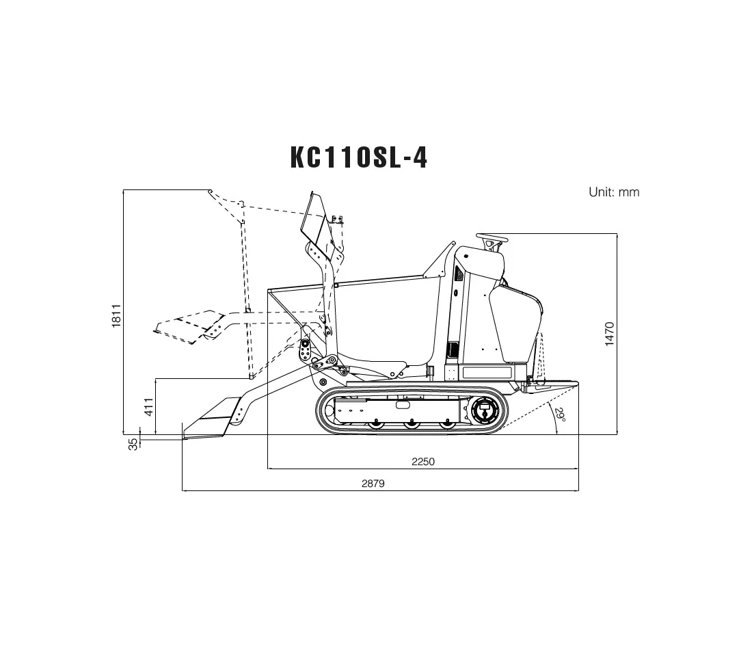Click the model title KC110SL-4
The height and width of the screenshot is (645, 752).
(x=359, y=157)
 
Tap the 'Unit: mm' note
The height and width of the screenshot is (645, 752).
(x=614, y=192)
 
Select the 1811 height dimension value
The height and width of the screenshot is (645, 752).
(x=116, y=316)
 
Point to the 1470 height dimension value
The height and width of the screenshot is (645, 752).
(x=609, y=334)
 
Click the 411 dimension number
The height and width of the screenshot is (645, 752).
(x=149, y=407)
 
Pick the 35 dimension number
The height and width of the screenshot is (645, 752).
(x=133, y=444)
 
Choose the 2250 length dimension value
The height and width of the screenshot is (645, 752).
(x=423, y=462)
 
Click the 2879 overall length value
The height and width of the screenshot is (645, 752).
(x=373, y=484)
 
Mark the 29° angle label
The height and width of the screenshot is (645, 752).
(x=560, y=414)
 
